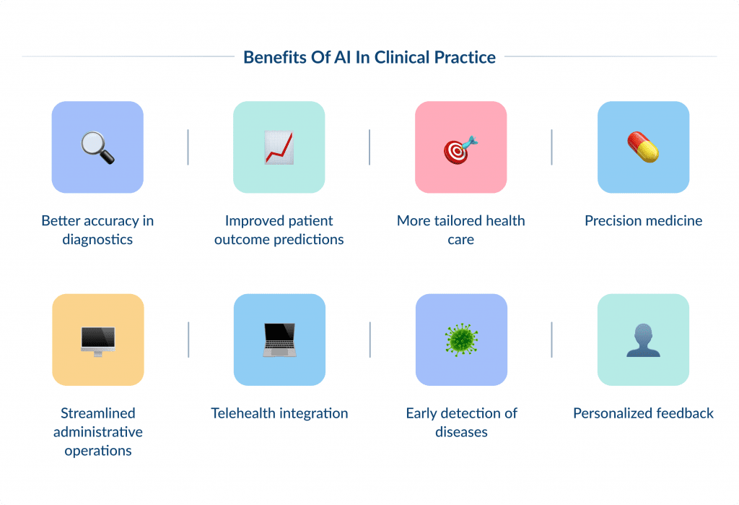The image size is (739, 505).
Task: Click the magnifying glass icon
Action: click(97, 147)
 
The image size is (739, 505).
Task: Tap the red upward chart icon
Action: click(279, 147)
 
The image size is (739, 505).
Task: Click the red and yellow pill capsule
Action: click(643, 147)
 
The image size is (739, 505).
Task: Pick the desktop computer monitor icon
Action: click(97, 340)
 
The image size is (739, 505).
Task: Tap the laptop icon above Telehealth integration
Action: click(279, 340)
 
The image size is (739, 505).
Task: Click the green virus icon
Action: click(461, 340)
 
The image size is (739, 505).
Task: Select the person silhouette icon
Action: click(643, 340)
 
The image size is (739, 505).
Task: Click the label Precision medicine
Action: click(643, 220)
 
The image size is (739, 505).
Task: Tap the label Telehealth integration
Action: click(279, 413)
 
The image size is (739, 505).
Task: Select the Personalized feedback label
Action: click(643, 413)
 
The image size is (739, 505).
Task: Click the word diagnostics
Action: click(97, 239)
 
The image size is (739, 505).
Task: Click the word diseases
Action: click(461, 432)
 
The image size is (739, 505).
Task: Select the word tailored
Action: click(462, 220)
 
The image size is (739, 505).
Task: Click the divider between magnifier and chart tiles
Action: click(188, 147)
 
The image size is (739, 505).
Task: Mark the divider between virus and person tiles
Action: click(551, 340)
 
